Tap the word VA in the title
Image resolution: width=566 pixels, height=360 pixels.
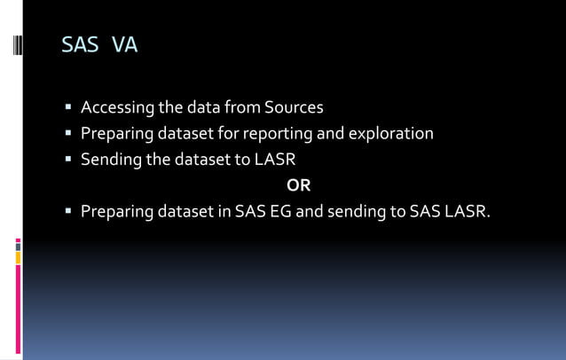(x=125, y=44)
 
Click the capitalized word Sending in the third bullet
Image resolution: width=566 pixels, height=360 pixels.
(x=109, y=160)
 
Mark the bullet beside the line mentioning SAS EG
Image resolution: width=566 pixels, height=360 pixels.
(x=68, y=213)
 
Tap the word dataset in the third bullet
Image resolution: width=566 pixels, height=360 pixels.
(x=194, y=160)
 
